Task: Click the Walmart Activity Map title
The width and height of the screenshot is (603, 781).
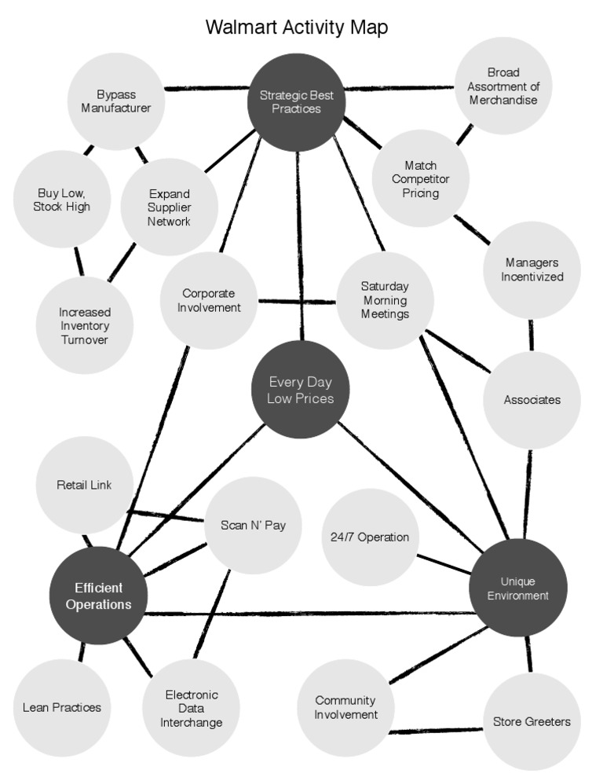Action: tap(297, 27)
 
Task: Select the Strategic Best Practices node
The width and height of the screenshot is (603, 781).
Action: tap(297, 101)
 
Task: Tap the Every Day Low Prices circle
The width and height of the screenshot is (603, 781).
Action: tap(301, 390)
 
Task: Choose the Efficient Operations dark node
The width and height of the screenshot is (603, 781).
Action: tap(99, 596)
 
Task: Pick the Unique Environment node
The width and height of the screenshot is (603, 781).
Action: tap(517, 588)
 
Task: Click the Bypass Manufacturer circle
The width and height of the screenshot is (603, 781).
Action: tap(116, 101)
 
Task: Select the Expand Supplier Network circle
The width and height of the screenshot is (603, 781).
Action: tap(169, 207)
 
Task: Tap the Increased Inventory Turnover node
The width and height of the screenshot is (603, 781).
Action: tap(84, 325)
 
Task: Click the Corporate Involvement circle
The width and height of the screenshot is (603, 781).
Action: tap(208, 300)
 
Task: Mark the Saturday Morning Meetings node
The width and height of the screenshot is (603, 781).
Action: tap(385, 300)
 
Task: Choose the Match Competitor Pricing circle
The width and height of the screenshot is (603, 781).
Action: tap(421, 178)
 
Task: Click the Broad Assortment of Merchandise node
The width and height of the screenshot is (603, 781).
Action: tap(502, 86)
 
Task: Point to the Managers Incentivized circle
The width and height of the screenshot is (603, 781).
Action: tap(532, 269)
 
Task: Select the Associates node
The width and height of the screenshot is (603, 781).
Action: tap(532, 399)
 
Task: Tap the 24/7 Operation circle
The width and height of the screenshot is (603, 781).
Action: tap(371, 537)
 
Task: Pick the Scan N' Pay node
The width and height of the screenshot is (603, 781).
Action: tap(253, 525)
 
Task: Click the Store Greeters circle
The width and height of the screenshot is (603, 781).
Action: tap(532, 721)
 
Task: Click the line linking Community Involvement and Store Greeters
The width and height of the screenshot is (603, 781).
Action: tap(437, 731)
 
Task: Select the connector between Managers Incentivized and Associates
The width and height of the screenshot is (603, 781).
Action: tap(532, 335)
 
